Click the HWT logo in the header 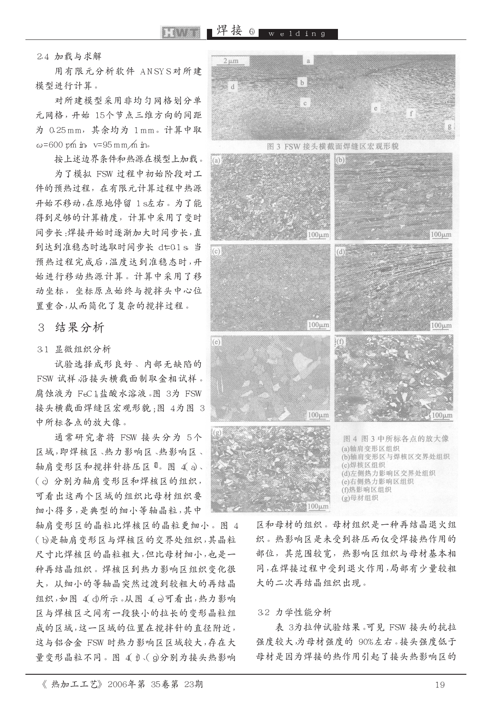click(181, 33)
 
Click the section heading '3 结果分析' click(71, 327)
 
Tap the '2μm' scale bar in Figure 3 click(231, 61)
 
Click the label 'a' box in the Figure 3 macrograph click(309, 61)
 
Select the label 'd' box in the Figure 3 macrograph click(233, 87)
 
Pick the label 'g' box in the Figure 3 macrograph click(449, 126)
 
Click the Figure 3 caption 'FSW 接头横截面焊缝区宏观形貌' click(333, 146)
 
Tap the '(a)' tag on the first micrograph click(216, 160)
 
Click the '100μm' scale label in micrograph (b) click(441, 235)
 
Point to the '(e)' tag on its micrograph click(216, 342)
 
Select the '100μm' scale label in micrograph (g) click(318, 507)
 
